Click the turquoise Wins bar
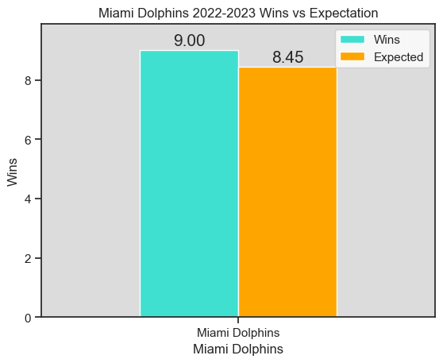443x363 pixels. coord(189,183)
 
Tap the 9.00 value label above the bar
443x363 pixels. coord(190,41)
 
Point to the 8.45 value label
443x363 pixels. coord(287,57)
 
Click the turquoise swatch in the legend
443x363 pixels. coord(352,39)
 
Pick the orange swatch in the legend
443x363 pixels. coord(352,57)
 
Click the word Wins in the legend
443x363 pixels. coord(387,39)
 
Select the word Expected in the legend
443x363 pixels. coord(399,57)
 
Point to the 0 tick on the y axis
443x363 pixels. coord(29,318)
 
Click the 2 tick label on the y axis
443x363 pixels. coord(29,259)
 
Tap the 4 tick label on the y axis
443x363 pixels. coord(29,199)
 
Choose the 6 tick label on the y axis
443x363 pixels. coord(29,140)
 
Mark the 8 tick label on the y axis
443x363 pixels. coord(29,81)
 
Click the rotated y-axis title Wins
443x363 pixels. coord(12,171)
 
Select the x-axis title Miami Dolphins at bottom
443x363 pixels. coord(238,349)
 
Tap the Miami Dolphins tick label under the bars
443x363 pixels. coord(238,332)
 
